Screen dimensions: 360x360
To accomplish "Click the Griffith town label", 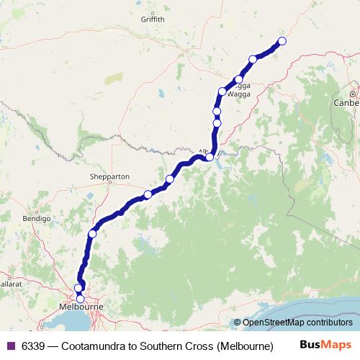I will pyautogui.click(x=153, y=19).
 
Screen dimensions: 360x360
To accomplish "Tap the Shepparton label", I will pyautogui.click(x=109, y=176).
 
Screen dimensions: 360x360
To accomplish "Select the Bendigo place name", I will pyautogui.click(x=36, y=217).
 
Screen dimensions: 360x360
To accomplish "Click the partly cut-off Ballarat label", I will pyautogui.click(x=7, y=275).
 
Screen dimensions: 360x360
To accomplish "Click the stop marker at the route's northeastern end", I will pyautogui.click(x=282, y=41).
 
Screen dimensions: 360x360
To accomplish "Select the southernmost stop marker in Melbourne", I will pyautogui.click(x=80, y=299).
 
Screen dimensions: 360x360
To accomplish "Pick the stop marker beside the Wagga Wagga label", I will pyautogui.click(x=238, y=79).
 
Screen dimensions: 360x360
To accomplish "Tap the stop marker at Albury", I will pyautogui.click(x=210, y=156).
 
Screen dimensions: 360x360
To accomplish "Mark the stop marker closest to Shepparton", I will pyautogui.click(x=148, y=194).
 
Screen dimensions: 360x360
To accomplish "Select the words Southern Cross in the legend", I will pyautogui.click(x=179, y=345).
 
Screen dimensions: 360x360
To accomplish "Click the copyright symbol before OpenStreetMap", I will pyautogui.click(x=238, y=323).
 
